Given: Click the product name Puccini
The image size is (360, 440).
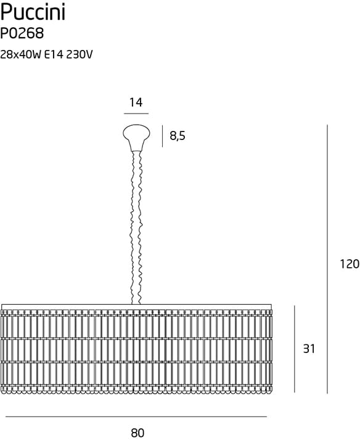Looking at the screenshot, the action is coord(33,12).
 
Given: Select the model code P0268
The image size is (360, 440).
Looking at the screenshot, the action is coord(22,34).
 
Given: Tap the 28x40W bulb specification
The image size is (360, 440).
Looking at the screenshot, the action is coord(21,55).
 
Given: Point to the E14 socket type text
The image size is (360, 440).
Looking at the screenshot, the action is coord(54,55).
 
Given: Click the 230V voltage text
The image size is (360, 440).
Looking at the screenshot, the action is coord(80,55).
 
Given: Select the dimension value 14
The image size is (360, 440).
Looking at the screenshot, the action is coord(136,102).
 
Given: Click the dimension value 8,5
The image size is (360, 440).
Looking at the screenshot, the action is coord(178,136).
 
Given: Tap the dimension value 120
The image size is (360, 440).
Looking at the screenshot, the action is coord(350,264).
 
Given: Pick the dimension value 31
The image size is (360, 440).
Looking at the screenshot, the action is coord(309,349).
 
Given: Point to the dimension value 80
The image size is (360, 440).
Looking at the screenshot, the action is coord(137,433).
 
